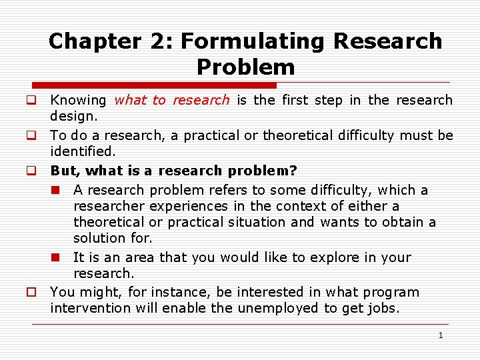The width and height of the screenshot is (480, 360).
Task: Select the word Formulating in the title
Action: [253, 41]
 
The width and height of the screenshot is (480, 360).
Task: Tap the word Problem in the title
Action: [245, 67]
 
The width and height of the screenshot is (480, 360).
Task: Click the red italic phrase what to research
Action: [171, 101]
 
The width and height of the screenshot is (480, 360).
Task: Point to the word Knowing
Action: [78, 101]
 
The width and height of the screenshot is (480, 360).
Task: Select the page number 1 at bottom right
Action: [440, 335]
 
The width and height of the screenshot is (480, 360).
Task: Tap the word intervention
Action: [93, 308]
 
